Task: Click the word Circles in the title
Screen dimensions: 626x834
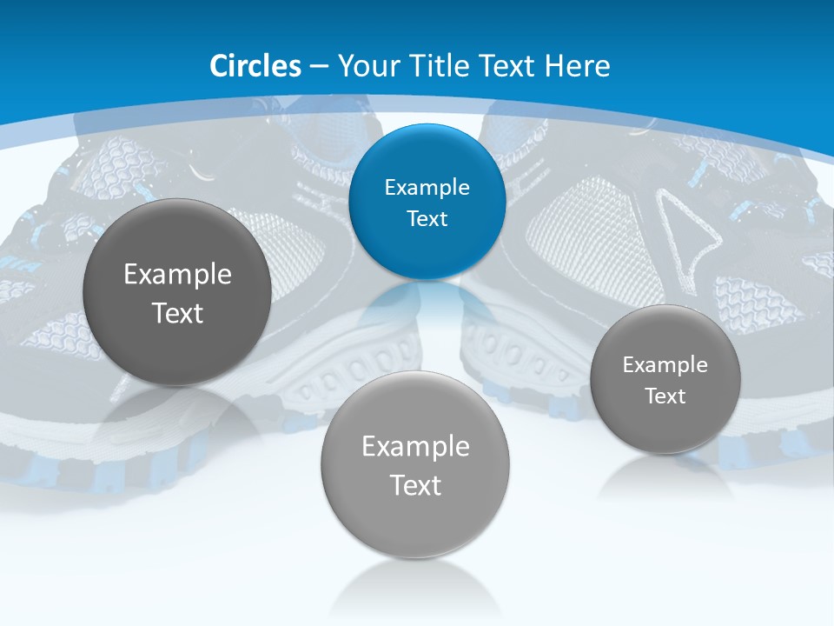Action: click(255, 66)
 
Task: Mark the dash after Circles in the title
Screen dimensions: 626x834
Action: click(319, 67)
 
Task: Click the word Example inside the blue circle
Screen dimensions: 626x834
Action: click(427, 188)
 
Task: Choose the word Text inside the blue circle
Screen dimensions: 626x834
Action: click(427, 219)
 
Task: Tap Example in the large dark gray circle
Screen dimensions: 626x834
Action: click(177, 275)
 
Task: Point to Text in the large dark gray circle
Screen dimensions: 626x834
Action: click(177, 313)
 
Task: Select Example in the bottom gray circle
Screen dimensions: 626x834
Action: click(415, 447)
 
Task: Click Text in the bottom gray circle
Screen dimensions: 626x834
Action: click(415, 485)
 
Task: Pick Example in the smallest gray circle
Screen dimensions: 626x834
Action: click(665, 365)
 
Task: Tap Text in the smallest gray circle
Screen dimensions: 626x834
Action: click(665, 396)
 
